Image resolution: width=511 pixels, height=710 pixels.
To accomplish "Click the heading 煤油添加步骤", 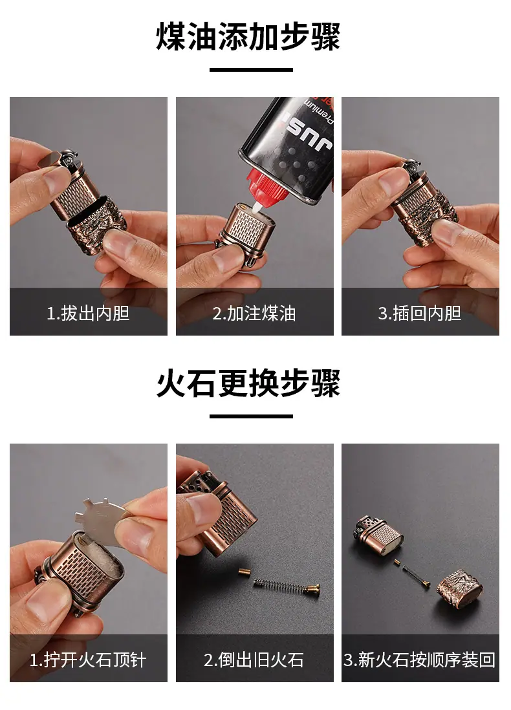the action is (248, 37).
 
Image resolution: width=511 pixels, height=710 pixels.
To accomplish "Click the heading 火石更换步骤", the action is (248, 383).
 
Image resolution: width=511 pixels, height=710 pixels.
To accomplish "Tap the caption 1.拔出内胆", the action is (89, 314).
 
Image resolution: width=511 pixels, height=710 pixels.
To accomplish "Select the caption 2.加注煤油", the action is (254, 314).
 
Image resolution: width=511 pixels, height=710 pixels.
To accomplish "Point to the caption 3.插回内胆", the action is (420, 314).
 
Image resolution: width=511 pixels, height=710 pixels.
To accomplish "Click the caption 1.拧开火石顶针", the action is (88, 660).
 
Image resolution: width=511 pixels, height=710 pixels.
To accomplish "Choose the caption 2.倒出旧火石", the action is (254, 660).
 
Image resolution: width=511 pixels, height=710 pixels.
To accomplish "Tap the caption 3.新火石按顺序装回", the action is (420, 660).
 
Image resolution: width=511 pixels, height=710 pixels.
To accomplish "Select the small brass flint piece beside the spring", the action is (245, 573).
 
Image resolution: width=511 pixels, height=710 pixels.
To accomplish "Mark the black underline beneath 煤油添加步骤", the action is (251, 70).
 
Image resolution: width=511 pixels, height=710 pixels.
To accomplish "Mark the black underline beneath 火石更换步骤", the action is (251, 416).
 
